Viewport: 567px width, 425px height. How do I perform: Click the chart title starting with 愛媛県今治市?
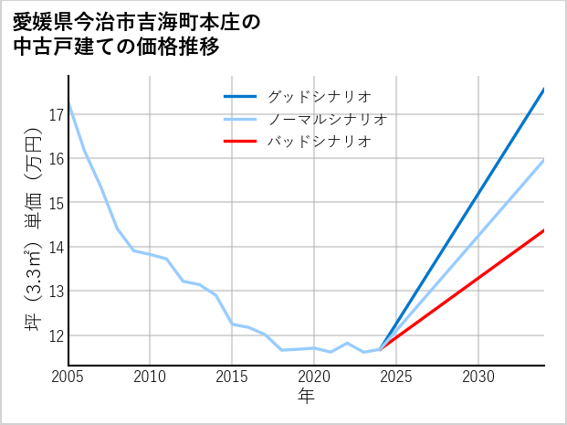[x=137, y=35]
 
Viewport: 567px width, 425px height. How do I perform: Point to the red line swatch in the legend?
[x=241, y=142]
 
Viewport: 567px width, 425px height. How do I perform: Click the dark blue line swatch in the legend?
[x=241, y=96]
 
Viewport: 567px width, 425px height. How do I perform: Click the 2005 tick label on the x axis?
[x=68, y=377]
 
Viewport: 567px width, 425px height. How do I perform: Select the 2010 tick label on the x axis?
[x=151, y=377]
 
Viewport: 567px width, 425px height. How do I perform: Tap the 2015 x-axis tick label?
[x=232, y=377]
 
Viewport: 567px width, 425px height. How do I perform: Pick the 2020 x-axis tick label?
[x=314, y=377]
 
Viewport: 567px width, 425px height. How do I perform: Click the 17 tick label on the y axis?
[x=57, y=114]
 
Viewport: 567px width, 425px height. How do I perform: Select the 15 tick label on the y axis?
[x=57, y=203]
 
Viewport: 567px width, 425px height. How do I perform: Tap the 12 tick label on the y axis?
[x=57, y=335]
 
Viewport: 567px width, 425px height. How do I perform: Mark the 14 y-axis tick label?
[x=57, y=247]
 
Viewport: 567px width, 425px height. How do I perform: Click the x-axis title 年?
[x=306, y=396]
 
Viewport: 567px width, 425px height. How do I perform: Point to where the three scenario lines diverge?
[x=380, y=349]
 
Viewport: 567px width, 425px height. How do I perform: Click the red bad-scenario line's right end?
[x=543, y=230]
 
